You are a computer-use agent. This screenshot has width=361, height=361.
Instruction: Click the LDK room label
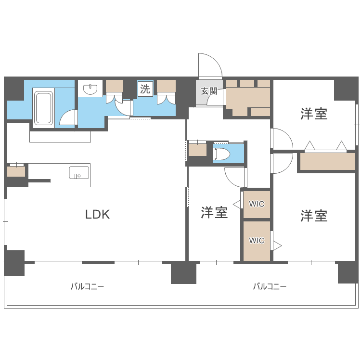[x=98, y=215]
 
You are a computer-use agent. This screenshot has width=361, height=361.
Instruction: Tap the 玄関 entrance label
[x=209, y=91]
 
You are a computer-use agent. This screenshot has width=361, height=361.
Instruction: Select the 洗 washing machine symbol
[x=145, y=89]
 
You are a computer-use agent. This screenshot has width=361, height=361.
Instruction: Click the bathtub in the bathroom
[x=43, y=108]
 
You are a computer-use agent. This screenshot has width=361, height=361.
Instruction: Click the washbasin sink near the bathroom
[x=90, y=89]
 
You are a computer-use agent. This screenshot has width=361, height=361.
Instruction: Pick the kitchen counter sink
[x=79, y=172]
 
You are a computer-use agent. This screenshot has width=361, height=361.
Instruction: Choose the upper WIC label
[x=257, y=204]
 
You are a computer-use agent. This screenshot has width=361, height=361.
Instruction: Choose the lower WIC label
[x=257, y=240]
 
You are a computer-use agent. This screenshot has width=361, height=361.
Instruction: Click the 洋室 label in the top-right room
[x=314, y=114]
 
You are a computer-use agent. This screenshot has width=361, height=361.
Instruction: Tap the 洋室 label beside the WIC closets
[x=214, y=212]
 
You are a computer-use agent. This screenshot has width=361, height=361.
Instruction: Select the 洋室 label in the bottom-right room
[x=314, y=216]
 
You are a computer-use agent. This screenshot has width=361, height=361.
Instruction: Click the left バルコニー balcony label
[x=87, y=286]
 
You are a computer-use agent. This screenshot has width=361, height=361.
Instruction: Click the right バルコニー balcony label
[x=270, y=286]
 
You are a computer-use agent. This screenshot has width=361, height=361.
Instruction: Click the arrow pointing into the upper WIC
[x=236, y=204]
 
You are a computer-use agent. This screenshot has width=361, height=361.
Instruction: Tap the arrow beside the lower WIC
[x=277, y=245]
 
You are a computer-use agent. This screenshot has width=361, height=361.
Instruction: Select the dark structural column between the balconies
[x=183, y=273]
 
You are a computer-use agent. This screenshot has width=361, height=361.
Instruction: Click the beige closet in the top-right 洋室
[x=327, y=161]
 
